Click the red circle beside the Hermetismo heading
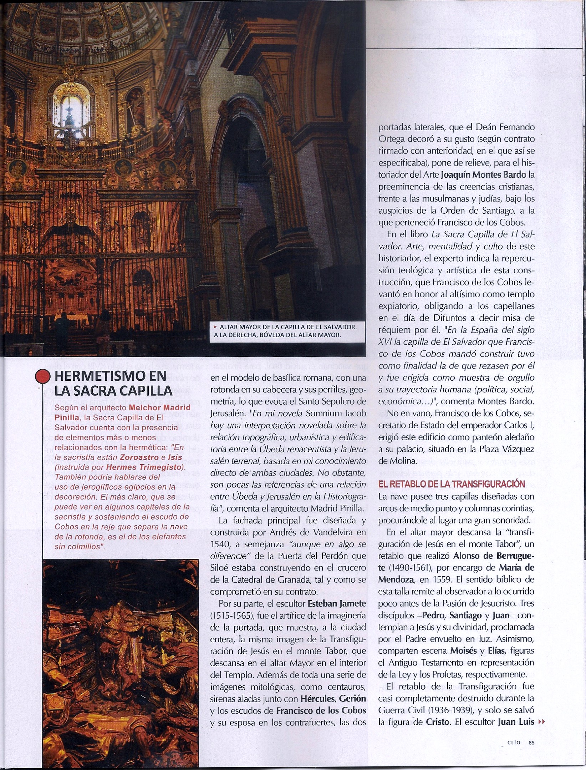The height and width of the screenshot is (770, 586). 43,376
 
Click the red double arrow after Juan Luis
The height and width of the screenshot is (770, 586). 541,712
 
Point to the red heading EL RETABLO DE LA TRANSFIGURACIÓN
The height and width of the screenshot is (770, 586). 452,484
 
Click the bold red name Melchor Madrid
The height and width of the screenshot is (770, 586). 159,407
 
